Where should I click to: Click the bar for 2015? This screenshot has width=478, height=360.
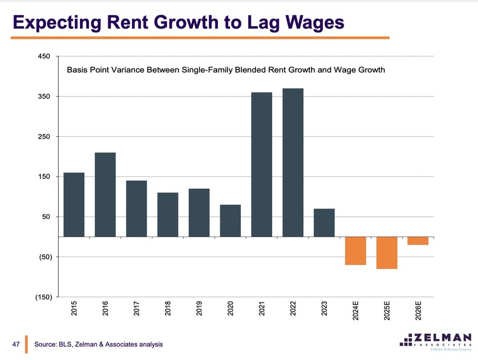tap(74, 205)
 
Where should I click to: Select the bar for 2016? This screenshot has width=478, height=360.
tap(105, 194)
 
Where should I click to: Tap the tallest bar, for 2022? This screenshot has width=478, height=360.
tap(293, 162)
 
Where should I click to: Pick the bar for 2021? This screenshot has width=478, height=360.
tap(261, 164)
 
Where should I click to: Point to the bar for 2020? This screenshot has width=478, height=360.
tap(231, 220)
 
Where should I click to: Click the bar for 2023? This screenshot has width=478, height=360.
tap(324, 222)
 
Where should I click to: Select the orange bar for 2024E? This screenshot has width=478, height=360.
tap(356, 250)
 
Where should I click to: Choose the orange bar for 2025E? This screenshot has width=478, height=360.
tap(387, 252)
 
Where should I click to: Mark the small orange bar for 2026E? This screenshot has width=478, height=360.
tap(418, 241)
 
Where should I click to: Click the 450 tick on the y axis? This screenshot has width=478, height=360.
tap(44, 57)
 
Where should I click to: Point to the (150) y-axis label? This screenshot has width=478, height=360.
tap(42, 297)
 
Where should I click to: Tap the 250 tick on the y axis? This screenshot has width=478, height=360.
tap(44, 137)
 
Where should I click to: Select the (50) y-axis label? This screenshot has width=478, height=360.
tap(44, 257)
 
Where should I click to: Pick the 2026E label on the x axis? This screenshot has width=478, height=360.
tap(418, 311)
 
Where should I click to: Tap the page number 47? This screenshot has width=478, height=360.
tap(17, 344)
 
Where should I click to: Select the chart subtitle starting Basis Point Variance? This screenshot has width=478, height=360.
tap(226, 70)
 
